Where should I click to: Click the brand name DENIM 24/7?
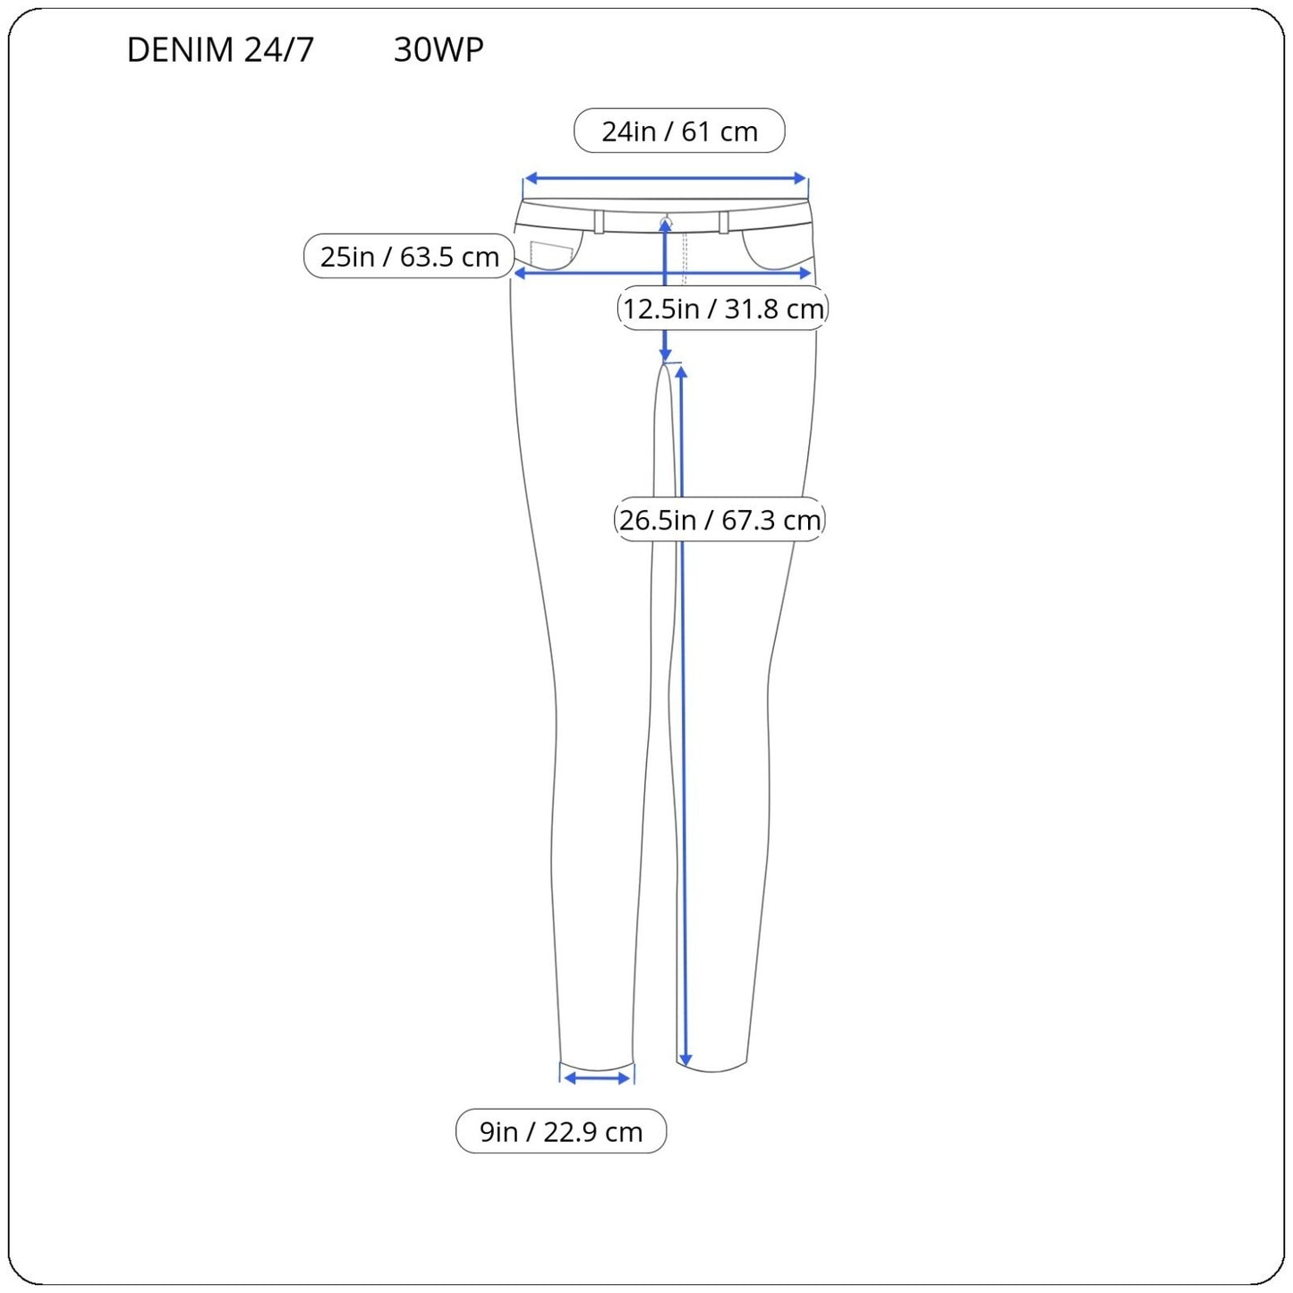click(220, 49)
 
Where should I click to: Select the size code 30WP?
click(438, 49)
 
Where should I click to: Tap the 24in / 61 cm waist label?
click(679, 131)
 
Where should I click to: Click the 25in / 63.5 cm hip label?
click(409, 256)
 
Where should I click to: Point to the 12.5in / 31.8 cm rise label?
click(723, 308)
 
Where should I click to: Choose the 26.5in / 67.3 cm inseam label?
click(719, 519)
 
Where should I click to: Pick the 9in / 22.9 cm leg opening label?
click(561, 1131)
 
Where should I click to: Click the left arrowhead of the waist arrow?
click(530, 178)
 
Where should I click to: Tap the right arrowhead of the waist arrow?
click(800, 178)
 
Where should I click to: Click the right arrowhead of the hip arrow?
click(805, 273)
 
